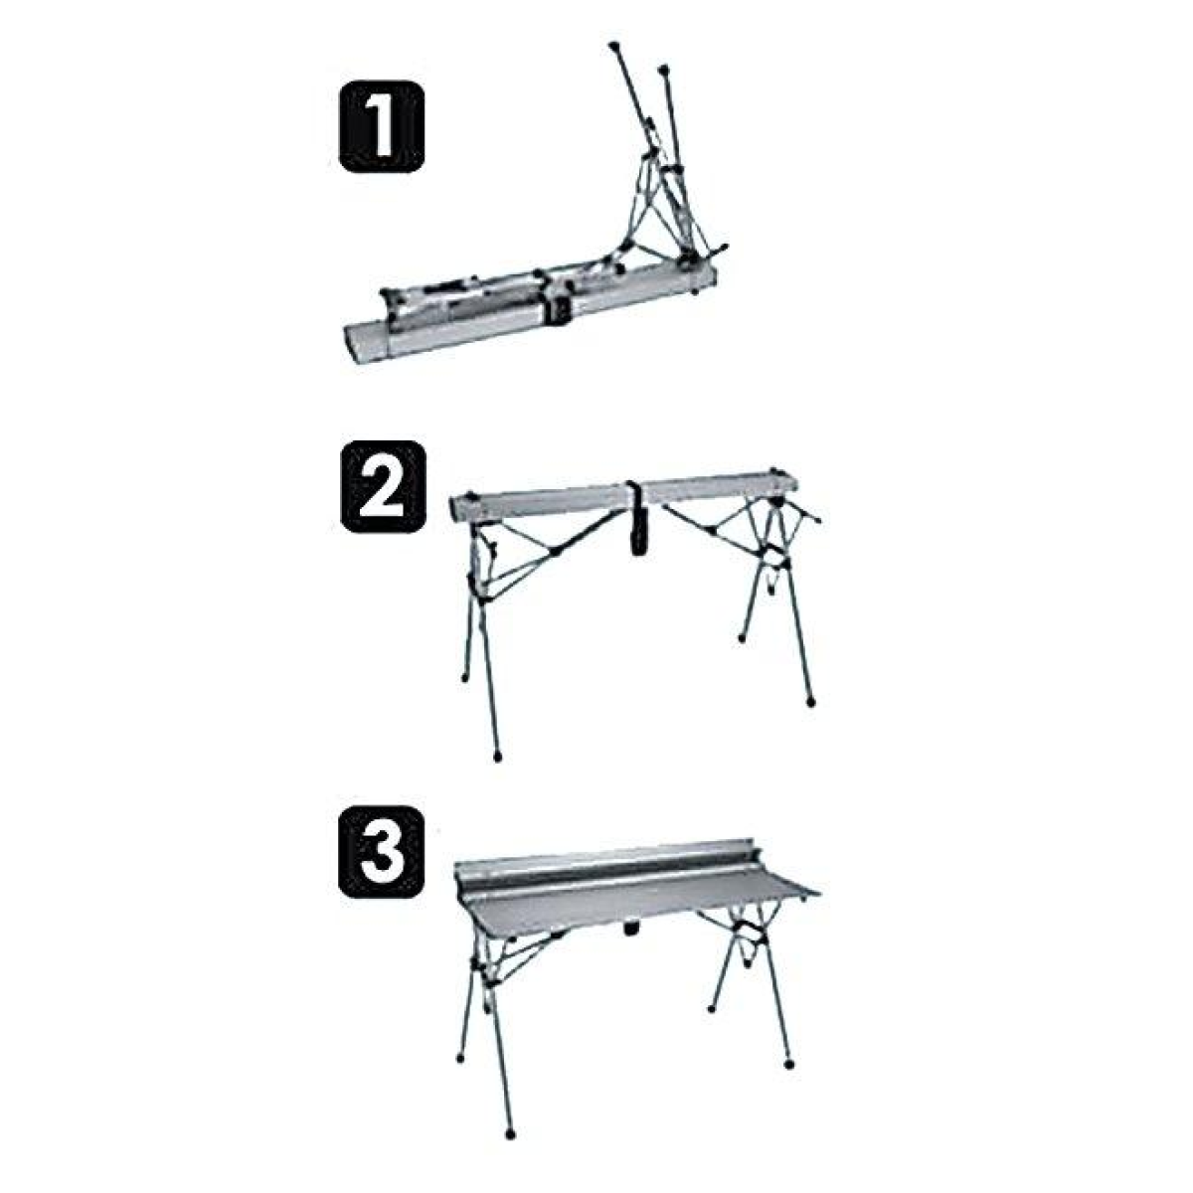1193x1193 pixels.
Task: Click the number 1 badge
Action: click(382, 126)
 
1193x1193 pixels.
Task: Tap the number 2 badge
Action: click(383, 486)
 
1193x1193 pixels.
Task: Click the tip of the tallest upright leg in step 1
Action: click(613, 46)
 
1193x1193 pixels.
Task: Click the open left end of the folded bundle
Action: click(352, 344)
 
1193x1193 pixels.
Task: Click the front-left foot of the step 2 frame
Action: click(498, 757)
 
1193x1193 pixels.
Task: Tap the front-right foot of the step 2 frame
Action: click(811, 702)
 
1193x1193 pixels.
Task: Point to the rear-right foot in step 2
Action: click(742, 637)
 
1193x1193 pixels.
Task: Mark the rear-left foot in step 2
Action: click(465, 679)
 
